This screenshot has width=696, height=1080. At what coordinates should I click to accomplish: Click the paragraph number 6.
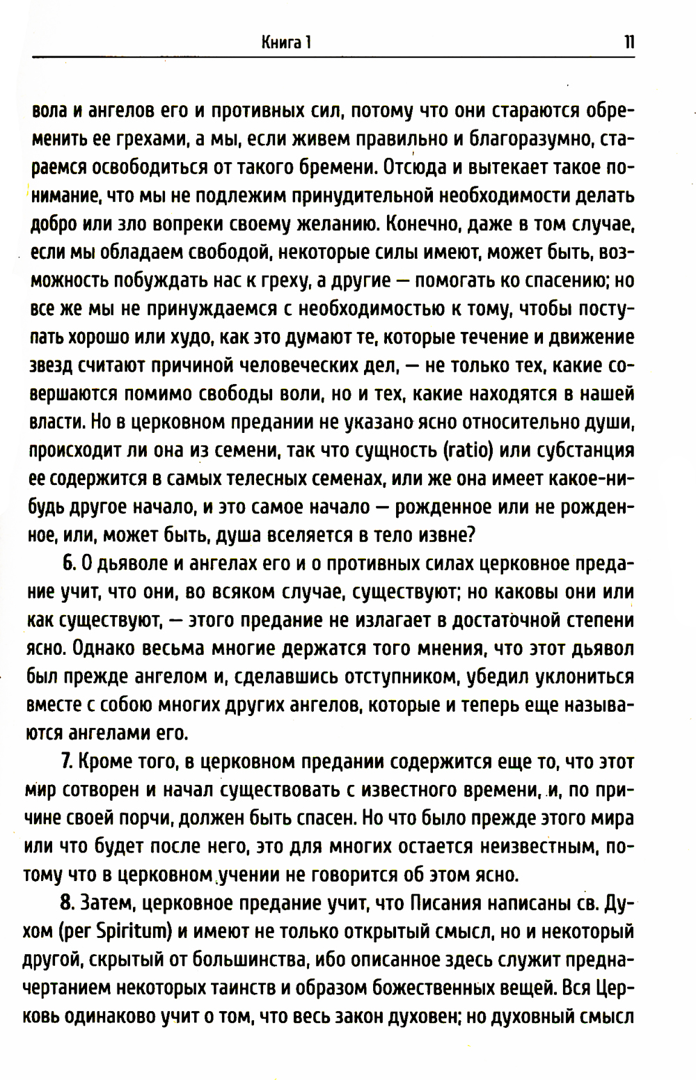[x=68, y=564]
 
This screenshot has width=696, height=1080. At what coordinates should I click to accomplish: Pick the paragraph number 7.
[x=67, y=762]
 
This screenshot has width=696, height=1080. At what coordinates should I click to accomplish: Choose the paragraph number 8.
[x=68, y=903]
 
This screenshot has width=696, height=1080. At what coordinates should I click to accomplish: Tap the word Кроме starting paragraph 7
[x=105, y=762]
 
